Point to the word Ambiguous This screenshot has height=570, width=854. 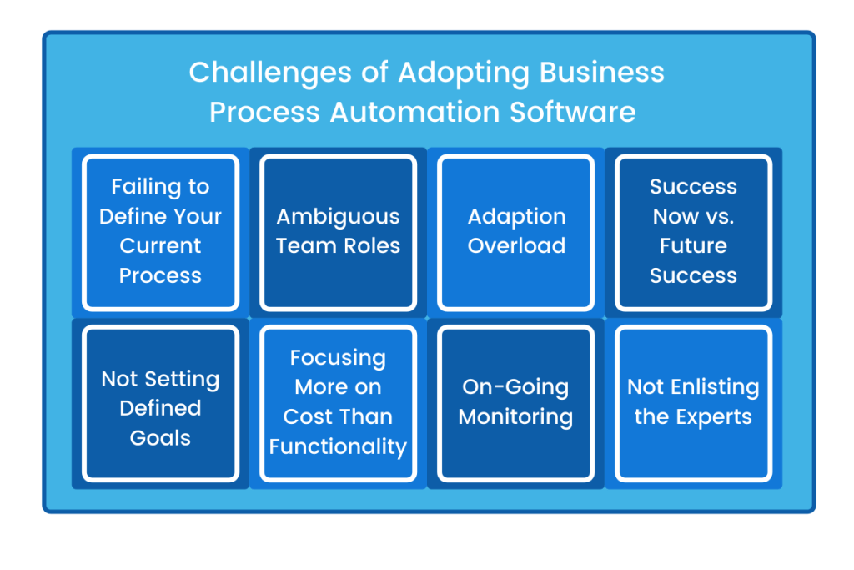coord(338,217)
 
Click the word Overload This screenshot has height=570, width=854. coord(516,246)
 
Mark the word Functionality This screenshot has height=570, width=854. coord(338,446)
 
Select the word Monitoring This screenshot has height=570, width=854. coord(515,417)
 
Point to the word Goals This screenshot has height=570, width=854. coord(160,438)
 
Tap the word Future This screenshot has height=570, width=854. coord(693,246)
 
